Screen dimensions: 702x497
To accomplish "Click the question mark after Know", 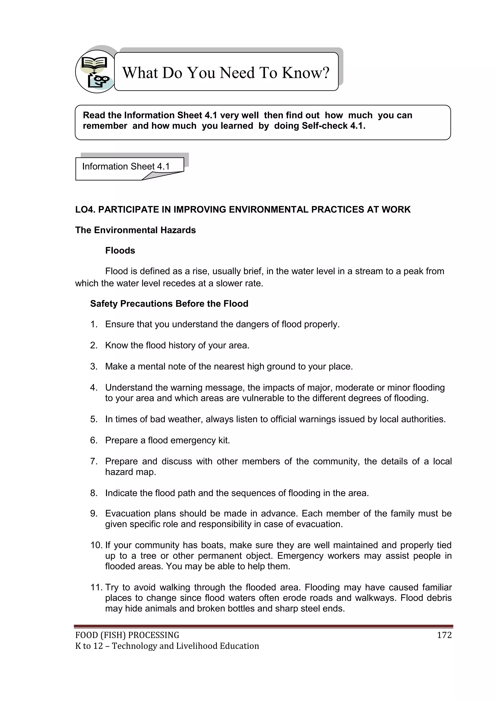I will pos(325,73).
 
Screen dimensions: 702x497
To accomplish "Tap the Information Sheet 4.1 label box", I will pos(125,167).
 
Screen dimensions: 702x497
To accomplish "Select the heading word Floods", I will pos(120,251).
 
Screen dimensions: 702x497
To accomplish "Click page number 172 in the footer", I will pos(444,635).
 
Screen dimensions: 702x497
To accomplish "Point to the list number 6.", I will pos(94,440).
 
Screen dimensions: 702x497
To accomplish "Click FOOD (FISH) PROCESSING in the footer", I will pos(127,635).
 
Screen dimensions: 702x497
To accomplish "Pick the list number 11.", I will pos(96,587).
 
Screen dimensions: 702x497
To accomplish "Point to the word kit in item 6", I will pos(224,440).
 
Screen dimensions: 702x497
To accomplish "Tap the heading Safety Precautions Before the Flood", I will pos(169,304).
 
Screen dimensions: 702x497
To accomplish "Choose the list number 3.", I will pos(94,367).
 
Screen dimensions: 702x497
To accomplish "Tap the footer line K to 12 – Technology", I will pos(167,646).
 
